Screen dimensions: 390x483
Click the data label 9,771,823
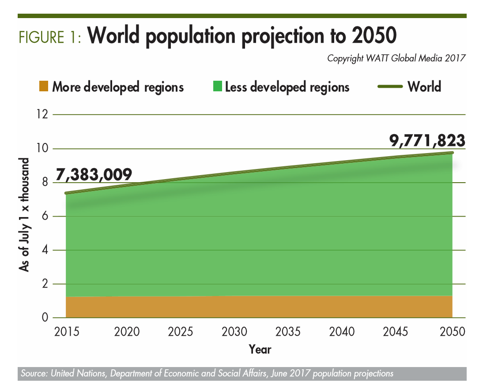[427, 140]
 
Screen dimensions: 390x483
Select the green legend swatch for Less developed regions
[217, 86]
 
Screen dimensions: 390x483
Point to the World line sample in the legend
[390, 86]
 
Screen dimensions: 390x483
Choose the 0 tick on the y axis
[44, 318]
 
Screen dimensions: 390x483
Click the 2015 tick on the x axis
[66, 331]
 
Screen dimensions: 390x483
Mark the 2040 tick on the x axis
[341, 331]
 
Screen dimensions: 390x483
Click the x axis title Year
[260, 349]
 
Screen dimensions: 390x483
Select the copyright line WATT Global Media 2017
[397, 58]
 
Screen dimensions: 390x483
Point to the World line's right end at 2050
[453, 153]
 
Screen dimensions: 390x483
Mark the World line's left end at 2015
[66, 193]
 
